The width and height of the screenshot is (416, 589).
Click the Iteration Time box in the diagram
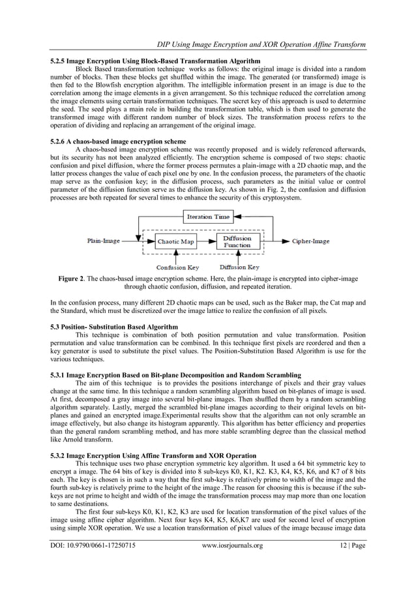[207, 217]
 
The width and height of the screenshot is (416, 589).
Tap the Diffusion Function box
[237, 241]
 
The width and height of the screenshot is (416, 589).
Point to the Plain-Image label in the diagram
[104, 241]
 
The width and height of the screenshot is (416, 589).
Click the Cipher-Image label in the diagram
[310, 241]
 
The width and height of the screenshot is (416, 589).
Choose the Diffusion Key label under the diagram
[239, 267]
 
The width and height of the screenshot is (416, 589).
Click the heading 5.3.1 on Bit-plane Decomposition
[175, 375]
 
